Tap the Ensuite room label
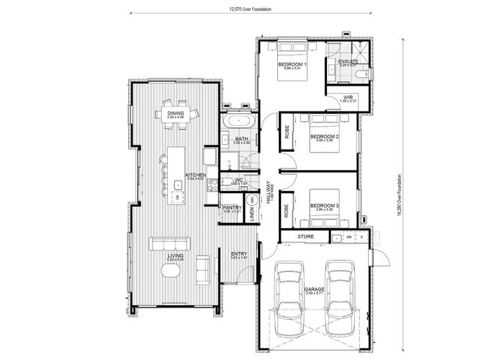click(x=349, y=62)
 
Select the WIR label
click(x=347, y=96)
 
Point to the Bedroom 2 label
click(x=325, y=136)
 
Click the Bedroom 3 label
click(x=324, y=206)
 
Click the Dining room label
click(x=176, y=114)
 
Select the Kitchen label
click(x=196, y=175)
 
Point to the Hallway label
click(x=268, y=193)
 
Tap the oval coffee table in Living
click(x=171, y=271)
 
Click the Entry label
click(x=238, y=254)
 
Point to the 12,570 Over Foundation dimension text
click(x=243, y=9)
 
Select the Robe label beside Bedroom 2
click(x=287, y=131)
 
